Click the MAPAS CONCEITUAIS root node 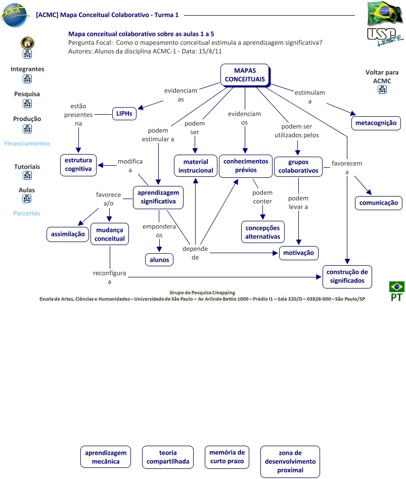tap(245, 75)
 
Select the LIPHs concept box tap(124, 114)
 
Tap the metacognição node tap(376, 123)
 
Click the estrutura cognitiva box tap(78, 165)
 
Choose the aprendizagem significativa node tap(158, 198)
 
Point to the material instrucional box tap(196, 166)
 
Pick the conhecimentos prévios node tap(246, 166)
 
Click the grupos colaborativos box tap(298, 167)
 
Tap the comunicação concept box tap(379, 203)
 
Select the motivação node tap(299, 253)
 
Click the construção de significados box tap(347, 277)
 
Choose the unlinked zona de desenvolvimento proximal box tap(290, 462)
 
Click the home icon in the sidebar tap(27, 42)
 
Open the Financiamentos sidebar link tap(27, 143)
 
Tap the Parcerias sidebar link tap(27, 213)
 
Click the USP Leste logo tap(385, 37)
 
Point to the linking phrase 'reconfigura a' tap(109, 277)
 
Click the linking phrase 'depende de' tap(195, 253)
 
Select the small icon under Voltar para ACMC tap(382, 89)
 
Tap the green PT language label tap(396, 297)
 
